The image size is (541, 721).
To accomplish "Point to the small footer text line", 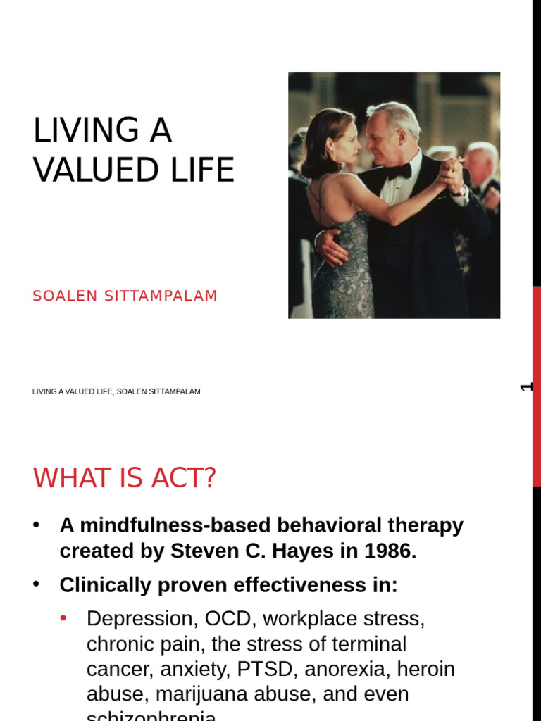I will pyautogui.click(x=116, y=391).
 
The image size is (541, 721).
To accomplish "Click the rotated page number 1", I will pyautogui.click(x=527, y=387).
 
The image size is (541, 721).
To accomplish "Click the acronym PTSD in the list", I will pyautogui.click(x=275, y=669).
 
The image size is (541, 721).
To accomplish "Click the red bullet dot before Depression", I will pyautogui.click(x=63, y=618).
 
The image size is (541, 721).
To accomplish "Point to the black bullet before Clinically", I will pyautogui.click(x=37, y=584).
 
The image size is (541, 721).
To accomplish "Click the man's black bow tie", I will pyautogui.click(x=399, y=171).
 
